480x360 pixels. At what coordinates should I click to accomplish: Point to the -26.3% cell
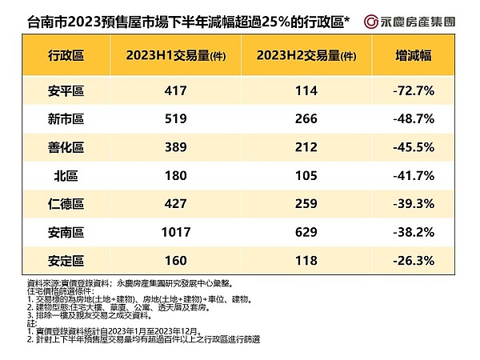[414, 261]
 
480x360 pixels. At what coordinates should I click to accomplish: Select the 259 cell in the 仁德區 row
[306, 204]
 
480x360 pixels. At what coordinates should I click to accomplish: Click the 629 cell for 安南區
[306, 232]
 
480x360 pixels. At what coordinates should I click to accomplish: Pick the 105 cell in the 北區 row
[306, 175]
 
